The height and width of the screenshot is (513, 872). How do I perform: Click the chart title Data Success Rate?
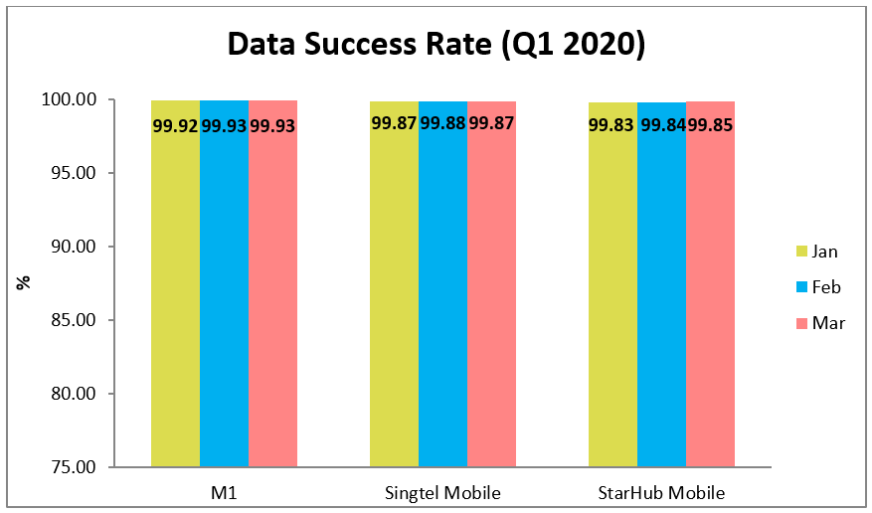[436, 45]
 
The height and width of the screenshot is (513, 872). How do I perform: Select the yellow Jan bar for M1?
[175, 298]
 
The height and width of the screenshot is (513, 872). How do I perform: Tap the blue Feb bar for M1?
[224, 298]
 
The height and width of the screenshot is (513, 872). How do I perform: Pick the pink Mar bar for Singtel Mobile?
[491, 298]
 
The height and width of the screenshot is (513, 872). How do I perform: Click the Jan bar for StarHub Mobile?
[612, 298]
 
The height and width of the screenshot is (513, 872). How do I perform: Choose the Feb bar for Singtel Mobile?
[442, 298]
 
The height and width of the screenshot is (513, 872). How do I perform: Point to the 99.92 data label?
[175, 126]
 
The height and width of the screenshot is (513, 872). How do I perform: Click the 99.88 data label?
[442, 124]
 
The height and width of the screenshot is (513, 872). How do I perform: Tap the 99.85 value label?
[710, 125]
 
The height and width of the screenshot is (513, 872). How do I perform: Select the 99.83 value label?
[612, 125]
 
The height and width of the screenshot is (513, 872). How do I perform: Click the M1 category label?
[224, 492]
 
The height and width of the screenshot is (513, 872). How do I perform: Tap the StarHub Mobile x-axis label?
[661, 492]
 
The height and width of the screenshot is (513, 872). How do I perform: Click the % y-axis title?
[22, 281]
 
